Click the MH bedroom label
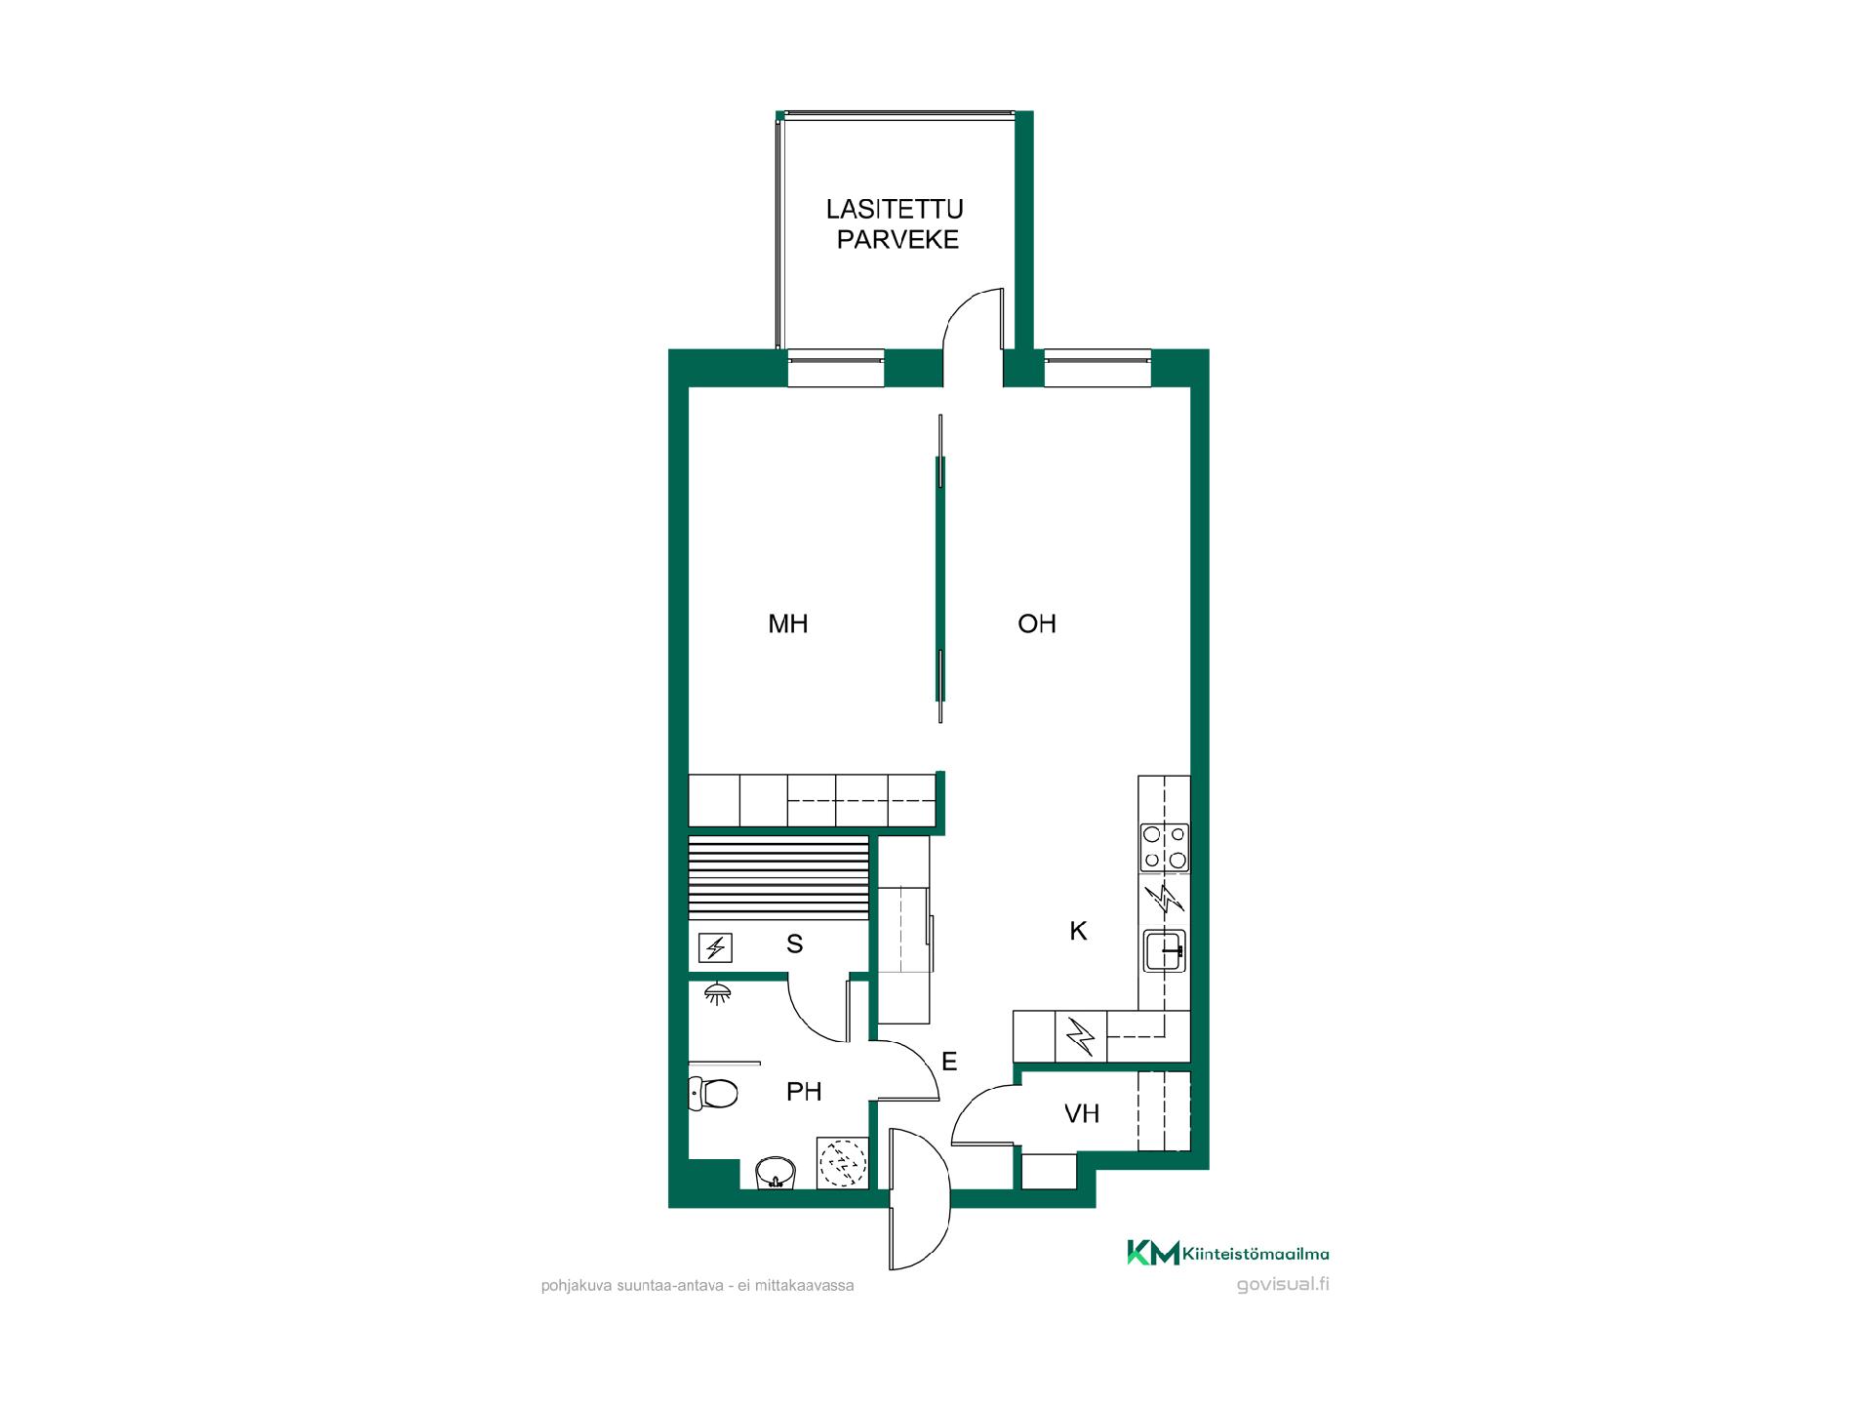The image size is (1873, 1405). [x=788, y=623]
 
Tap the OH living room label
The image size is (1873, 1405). [x=1037, y=623]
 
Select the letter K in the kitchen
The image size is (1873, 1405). [x=1078, y=931]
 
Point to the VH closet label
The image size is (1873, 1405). [x=1082, y=1113]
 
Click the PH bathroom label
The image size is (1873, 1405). [x=804, y=1092]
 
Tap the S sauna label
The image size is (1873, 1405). [x=795, y=943]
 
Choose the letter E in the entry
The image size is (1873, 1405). [x=949, y=1062]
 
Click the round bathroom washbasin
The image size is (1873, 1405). [x=776, y=1172]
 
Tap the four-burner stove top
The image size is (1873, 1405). [x=1165, y=847]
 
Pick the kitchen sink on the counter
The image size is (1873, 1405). [x=1165, y=951]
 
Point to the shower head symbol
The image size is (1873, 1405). [x=719, y=993]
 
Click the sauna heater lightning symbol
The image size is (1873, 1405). [x=716, y=947]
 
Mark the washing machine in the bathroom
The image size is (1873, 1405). [x=842, y=1162]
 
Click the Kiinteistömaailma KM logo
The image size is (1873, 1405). [x=1228, y=1253]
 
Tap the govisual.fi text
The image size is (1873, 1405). [x=1283, y=1284]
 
